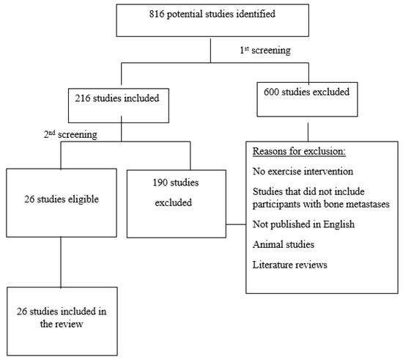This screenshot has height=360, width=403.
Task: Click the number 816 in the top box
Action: point(157,14)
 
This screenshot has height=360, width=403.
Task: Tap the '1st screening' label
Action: point(265,50)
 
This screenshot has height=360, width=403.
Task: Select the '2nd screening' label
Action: point(70,134)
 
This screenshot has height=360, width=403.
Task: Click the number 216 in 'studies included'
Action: point(82,98)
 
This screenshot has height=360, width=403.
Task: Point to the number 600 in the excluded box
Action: point(271,92)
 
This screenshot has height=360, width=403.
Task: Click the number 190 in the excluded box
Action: point(160,183)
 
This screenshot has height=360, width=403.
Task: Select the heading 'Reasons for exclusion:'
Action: point(299,151)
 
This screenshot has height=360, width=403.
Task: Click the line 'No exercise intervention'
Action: point(303,172)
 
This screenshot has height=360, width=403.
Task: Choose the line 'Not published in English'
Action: point(303,224)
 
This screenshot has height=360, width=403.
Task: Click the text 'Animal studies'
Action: point(284,244)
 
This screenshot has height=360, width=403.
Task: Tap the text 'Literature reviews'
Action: point(289,265)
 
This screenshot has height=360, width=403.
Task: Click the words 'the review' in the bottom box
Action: point(62,324)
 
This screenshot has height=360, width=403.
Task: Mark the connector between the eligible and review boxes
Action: point(61,262)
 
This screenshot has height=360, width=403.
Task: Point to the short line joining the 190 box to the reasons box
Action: point(236,224)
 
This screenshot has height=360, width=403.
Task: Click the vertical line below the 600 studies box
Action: point(308,132)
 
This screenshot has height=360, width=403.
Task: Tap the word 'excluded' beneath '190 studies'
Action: point(173,202)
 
